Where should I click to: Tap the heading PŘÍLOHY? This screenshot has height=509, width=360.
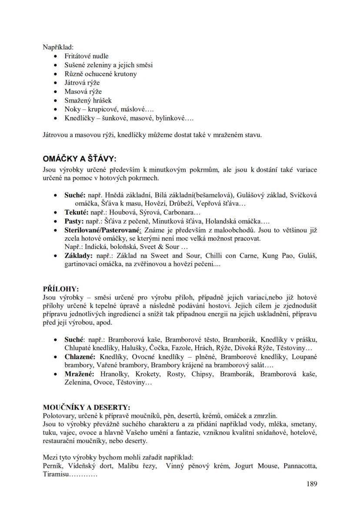61,288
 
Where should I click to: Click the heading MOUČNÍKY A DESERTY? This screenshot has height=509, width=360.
86,407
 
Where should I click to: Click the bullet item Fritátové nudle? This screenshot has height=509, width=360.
87,56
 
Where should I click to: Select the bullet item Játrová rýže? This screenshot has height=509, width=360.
82,83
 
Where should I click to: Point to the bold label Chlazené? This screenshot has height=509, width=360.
80,356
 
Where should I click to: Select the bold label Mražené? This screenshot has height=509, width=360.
80,374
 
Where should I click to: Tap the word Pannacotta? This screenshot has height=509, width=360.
300,466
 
